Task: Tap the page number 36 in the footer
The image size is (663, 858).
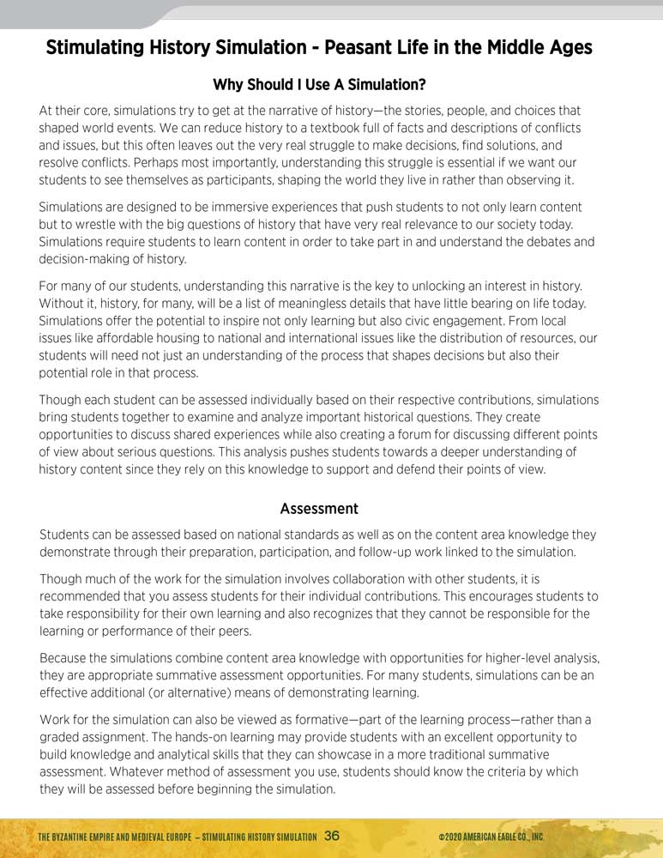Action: point(333,836)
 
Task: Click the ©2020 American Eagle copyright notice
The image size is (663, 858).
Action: point(491,837)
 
